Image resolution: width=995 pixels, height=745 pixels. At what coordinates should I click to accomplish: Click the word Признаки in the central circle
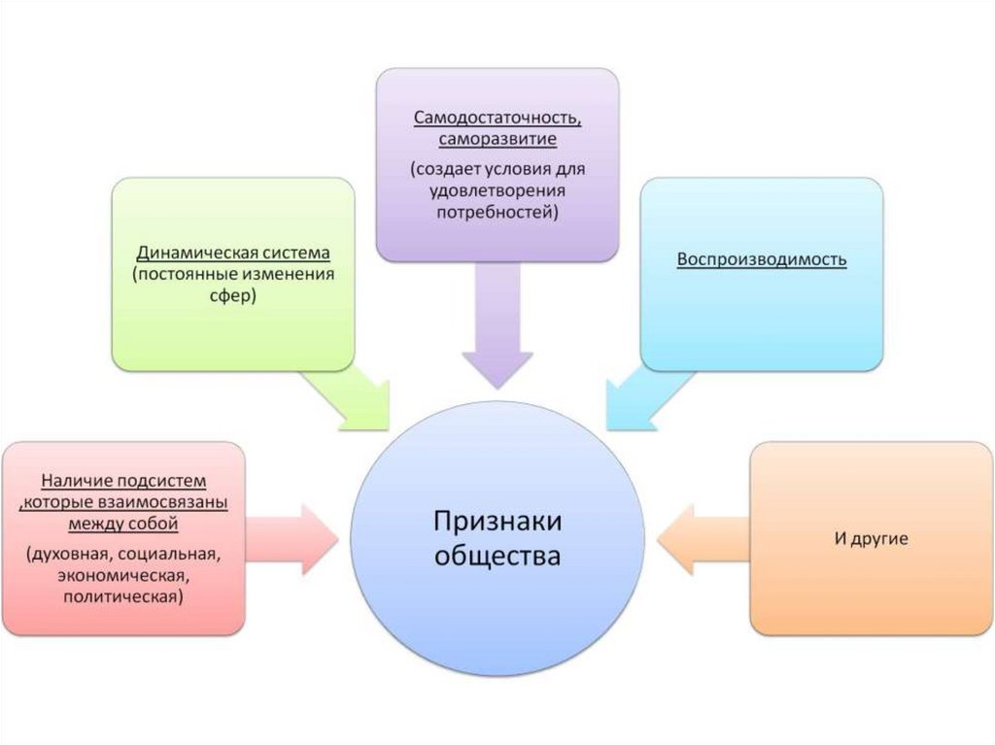click(x=497, y=523)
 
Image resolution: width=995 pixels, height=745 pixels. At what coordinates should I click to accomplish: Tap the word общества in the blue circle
click(x=497, y=557)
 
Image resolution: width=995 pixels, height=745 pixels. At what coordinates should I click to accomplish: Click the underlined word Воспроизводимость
click(x=761, y=260)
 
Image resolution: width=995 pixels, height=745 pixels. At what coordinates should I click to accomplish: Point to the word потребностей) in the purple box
click(x=497, y=211)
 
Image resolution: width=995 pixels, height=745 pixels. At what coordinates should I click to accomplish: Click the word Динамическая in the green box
click(x=187, y=253)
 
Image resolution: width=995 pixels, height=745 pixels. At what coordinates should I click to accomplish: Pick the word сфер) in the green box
click(x=232, y=296)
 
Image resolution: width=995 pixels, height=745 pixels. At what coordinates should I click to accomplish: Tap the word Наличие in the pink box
click(x=76, y=482)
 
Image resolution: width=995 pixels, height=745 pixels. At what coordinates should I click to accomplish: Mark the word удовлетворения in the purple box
click(x=497, y=189)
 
